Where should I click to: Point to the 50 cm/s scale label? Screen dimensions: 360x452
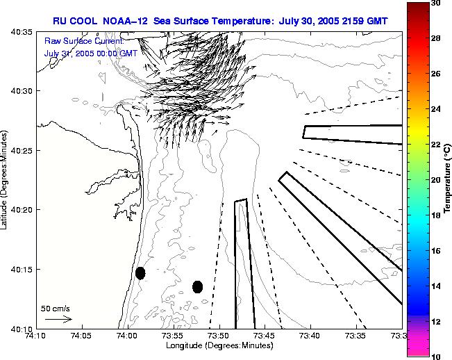[x=56, y=308]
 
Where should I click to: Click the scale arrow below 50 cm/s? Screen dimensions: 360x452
[x=58, y=319]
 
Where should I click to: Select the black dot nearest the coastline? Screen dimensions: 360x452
[x=140, y=273]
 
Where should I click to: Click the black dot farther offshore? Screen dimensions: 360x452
[x=198, y=286]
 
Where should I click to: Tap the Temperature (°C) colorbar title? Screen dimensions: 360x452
[x=449, y=179]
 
